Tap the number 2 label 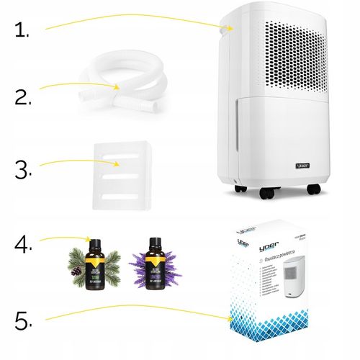tap(23, 97)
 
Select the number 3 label tap(23, 171)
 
